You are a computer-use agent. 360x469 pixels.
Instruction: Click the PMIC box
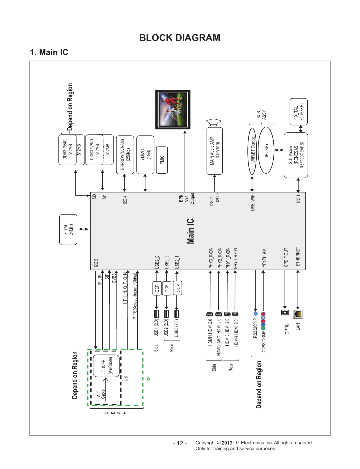[x=162, y=160]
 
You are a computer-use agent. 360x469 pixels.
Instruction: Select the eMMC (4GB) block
[x=145, y=155]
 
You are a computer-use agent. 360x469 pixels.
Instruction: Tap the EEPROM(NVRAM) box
[x=125, y=155]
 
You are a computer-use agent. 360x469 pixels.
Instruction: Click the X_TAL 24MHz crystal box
[x=68, y=229]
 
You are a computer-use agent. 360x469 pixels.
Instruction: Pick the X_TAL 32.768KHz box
[x=299, y=112]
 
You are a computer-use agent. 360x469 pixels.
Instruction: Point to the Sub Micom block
[x=296, y=155]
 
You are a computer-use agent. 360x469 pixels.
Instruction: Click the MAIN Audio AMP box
[x=215, y=151]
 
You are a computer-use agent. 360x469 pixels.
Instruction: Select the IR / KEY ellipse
[x=266, y=150]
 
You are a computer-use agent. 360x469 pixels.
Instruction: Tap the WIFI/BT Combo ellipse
[x=252, y=151]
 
